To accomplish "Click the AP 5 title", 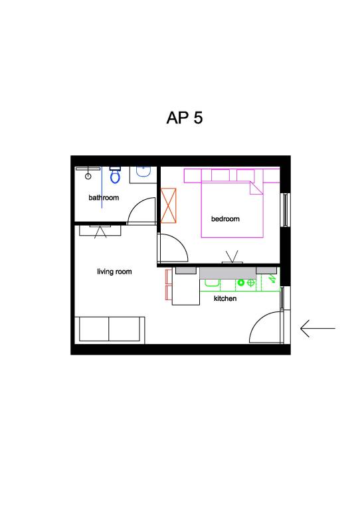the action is (185, 118).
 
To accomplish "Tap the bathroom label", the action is (104, 197).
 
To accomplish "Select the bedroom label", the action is (225, 219).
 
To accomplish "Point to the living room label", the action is (114, 272).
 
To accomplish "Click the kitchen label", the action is (225, 298).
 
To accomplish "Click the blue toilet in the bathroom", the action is (115, 175).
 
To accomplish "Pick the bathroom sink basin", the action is (143, 171).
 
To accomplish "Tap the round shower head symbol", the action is (88, 176).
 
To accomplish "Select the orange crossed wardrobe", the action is (169, 206).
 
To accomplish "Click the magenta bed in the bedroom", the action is (232, 210).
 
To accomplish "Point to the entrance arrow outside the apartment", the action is (317, 329).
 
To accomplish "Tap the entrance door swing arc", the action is (257, 320).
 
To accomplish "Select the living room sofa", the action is (110, 329).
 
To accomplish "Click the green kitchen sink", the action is (212, 283).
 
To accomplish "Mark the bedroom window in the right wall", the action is (285, 210).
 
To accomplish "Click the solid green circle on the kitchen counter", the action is (240, 283).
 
